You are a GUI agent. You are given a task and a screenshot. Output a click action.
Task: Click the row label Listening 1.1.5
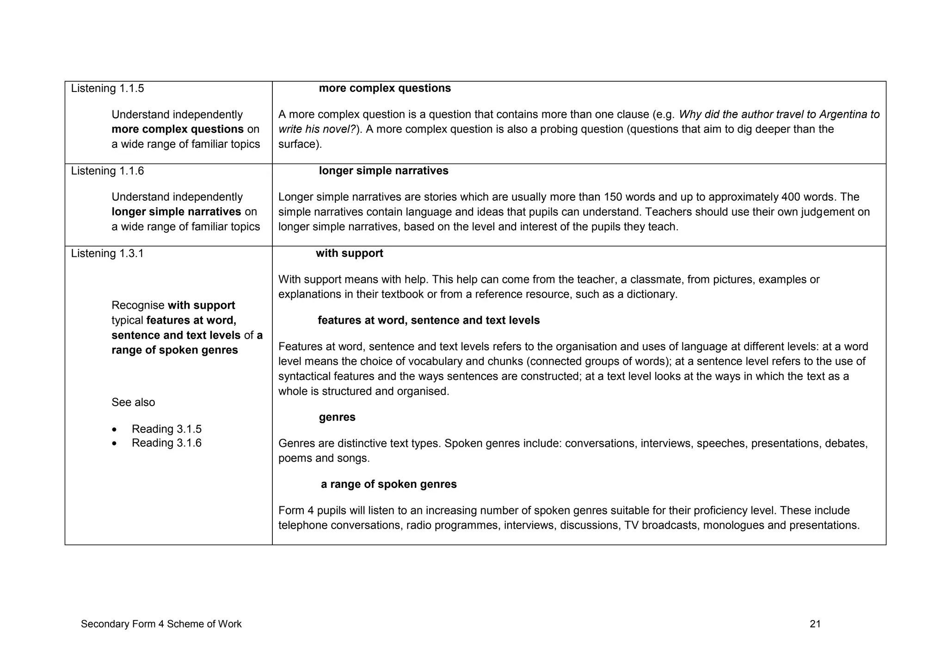coord(107,88)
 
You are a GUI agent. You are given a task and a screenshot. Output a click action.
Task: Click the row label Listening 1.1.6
coord(107,171)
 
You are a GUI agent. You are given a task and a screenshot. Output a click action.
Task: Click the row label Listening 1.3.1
coord(107,254)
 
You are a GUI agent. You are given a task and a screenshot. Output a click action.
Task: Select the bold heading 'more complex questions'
coord(385,88)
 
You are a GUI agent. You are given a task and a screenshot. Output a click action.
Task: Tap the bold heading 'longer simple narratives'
coord(383,171)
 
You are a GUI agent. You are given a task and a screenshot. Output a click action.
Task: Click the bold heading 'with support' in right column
coord(350,254)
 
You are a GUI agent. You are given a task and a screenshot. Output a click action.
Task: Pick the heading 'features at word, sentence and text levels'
coord(429,321)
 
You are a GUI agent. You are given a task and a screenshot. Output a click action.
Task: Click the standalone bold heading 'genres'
coord(337,418)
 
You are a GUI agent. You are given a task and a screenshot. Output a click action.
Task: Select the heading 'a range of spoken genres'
coord(388,485)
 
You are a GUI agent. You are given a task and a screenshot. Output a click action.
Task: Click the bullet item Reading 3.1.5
coord(166,429)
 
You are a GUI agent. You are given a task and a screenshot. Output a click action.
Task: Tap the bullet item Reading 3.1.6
coord(166,443)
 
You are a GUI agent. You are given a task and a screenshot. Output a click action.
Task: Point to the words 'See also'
coord(133,402)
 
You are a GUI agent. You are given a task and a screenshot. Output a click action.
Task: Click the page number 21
coord(815,624)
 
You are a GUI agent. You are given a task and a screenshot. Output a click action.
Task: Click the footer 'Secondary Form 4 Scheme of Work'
coord(161,624)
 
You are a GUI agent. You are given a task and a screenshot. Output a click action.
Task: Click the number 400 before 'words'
coord(791,197)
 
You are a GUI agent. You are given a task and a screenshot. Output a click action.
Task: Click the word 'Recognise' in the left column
coord(138,306)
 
